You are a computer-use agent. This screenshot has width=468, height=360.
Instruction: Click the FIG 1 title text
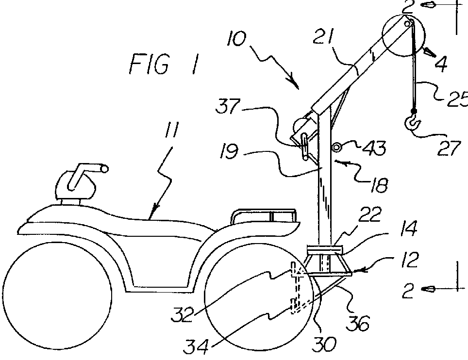click(163, 65)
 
